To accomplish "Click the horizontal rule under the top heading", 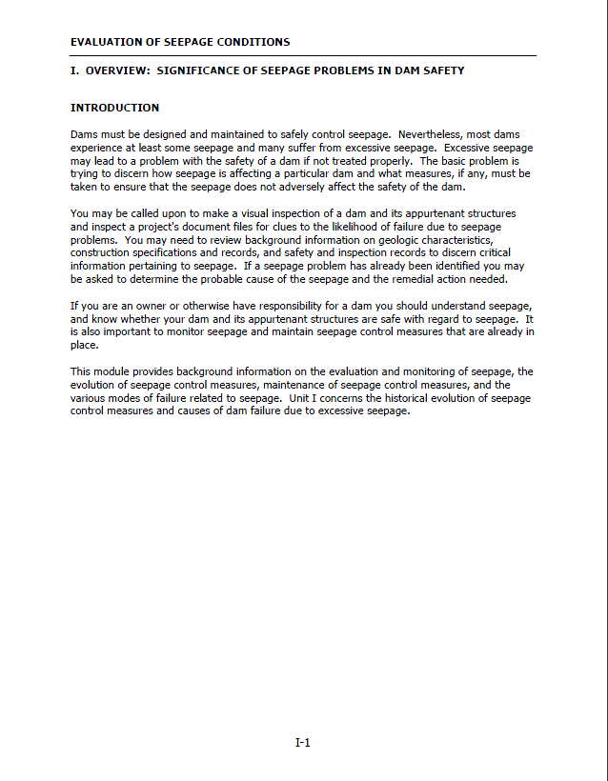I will [x=303, y=55].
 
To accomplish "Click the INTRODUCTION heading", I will [x=114, y=108].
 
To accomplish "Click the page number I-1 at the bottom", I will [x=303, y=743].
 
